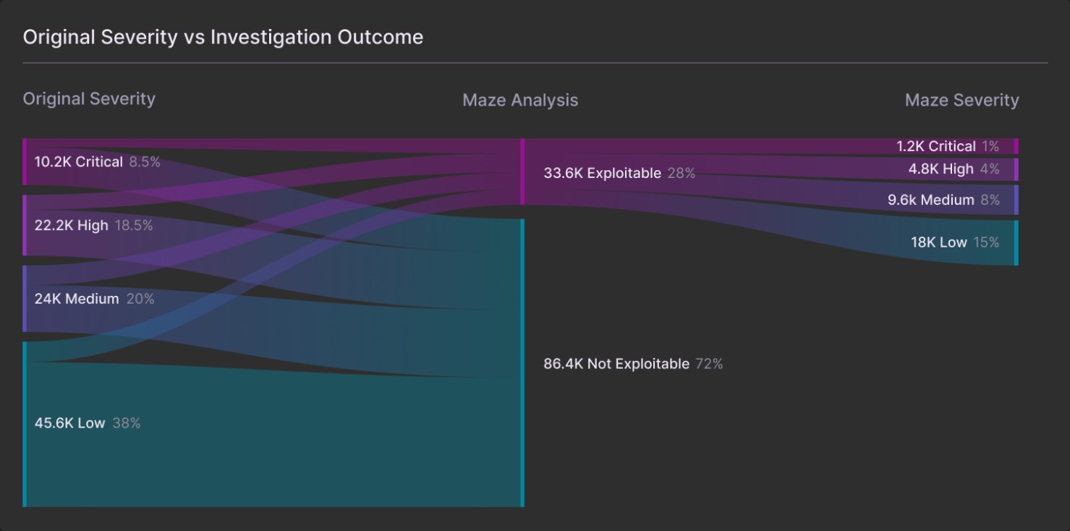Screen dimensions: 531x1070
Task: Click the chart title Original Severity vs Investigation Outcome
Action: click(x=223, y=38)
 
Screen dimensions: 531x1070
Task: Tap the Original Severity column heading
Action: click(x=89, y=99)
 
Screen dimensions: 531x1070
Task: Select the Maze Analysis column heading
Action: click(x=520, y=101)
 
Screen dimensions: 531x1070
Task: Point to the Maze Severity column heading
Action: click(x=961, y=101)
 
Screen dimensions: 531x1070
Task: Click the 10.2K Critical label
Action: click(x=79, y=162)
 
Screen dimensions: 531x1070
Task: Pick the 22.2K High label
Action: click(x=72, y=226)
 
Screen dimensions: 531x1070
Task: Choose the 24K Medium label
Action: click(x=77, y=299)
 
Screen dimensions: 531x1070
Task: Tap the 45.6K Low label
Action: click(x=70, y=423)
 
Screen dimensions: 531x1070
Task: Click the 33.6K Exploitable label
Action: click(x=602, y=174)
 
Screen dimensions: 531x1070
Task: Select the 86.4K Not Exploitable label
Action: click(x=616, y=364)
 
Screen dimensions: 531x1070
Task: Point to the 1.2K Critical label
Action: click(x=936, y=147)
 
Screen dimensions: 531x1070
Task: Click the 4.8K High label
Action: click(x=941, y=169)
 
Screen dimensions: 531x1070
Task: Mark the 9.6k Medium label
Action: click(x=931, y=200)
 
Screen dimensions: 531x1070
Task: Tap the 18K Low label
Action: click(x=939, y=242)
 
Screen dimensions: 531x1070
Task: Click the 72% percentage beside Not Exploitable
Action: click(x=709, y=364)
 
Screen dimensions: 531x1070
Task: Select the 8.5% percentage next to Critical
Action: click(x=145, y=162)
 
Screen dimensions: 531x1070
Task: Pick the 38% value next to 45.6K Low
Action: click(x=127, y=423)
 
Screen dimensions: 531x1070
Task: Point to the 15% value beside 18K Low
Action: click(x=986, y=242)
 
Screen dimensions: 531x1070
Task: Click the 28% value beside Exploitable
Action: click(x=681, y=174)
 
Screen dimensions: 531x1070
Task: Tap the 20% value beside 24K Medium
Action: click(x=140, y=299)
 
